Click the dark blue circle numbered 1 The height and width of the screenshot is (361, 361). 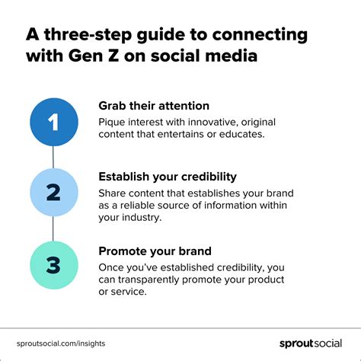click(x=53, y=122)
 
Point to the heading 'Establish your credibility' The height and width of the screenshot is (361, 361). click(x=167, y=176)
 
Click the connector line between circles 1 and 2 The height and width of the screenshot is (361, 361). click(x=53, y=157)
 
